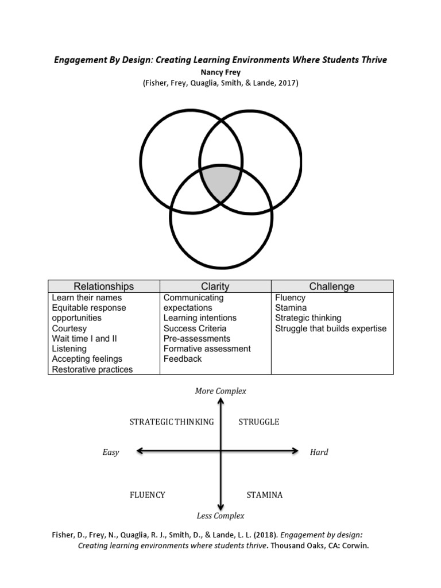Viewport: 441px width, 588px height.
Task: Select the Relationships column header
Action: [x=103, y=286]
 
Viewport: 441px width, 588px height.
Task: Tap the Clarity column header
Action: [x=215, y=286]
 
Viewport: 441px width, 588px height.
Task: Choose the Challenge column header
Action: [x=332, y=286]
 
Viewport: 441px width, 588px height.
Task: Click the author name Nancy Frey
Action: [x=220, y=72]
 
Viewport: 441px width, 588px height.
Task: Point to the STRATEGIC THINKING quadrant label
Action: [x=172, y=422]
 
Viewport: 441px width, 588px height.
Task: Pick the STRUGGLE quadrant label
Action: [x=259, y=422]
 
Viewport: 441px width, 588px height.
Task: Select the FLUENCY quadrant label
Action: [x=148, y=495]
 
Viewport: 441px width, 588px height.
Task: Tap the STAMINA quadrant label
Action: [x=265, y=495]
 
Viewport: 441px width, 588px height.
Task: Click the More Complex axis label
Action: [x=220, y=391]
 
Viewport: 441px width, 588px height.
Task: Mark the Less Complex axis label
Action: [x=220, y=516]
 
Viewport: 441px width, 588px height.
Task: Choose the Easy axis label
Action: [x=111, y=452]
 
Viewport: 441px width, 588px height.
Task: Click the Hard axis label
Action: [x=319, y=452]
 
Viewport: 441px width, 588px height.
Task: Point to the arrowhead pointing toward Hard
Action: [x=295, y=451]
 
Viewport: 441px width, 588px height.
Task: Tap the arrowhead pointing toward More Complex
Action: [x=220, y=401]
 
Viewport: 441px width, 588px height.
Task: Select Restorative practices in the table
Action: [x=92, y=369]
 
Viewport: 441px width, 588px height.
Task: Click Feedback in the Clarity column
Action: [x=183, y=359]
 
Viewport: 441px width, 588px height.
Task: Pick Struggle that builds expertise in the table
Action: [x=331, y=328]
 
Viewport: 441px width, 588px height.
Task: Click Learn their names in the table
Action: [x=87, y=298]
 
